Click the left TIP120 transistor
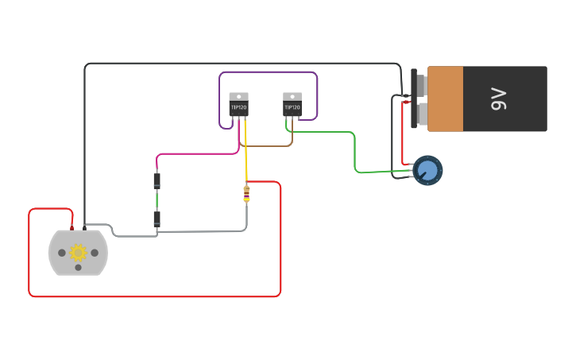238,106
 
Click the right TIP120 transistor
292,106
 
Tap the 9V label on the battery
499,99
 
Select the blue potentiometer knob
427,170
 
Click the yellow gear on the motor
78,253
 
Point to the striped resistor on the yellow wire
246,193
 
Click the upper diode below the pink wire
157,181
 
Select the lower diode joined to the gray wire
157,219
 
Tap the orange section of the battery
445,99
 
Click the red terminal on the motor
72,228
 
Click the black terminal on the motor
84,228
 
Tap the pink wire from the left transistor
199,154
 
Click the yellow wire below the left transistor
245,151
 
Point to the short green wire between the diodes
157,200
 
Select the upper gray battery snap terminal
420,84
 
